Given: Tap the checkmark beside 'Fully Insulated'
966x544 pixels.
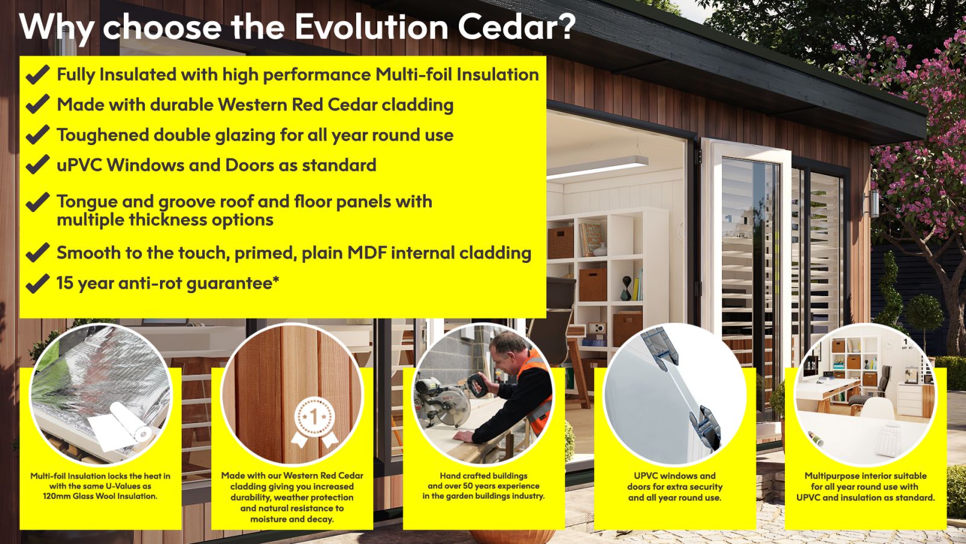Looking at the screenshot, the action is click(38, 75).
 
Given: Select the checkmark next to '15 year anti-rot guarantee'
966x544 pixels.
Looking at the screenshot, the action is click(38, 283).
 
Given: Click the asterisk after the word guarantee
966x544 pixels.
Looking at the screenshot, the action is click(276, 280).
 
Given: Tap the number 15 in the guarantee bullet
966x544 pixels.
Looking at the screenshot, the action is click(65, 283).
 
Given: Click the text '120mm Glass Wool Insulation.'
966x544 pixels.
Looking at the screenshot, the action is click(100, 496).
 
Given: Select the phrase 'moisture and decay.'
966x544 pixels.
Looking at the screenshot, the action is click(292, 519).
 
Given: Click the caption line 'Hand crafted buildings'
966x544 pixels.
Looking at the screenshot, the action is click(484, 476).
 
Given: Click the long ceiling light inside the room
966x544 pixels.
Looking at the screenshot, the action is click(597, 167).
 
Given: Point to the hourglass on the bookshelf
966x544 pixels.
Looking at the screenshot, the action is click(626, 288).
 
